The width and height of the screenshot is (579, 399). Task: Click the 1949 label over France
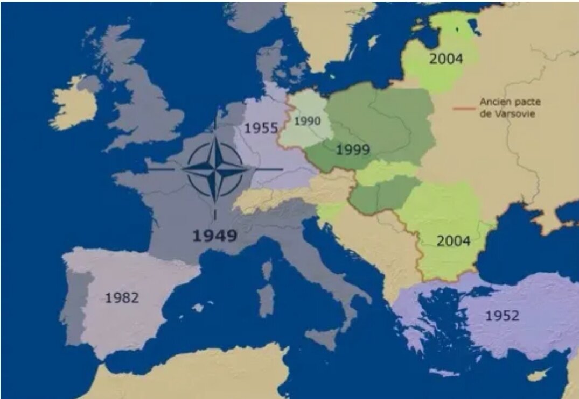click(x=215, y=236)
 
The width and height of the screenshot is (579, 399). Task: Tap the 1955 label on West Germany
click(x=261, y=129)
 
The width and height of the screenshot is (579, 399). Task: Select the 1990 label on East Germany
click(x=307, y=121)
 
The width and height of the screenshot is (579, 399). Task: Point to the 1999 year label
click(x=353, y=150)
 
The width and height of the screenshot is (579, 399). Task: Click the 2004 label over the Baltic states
click(x=445, y=59)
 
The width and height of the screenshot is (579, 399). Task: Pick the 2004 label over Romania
click(x=453, y=241)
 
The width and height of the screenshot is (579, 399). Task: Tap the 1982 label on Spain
click(x=122, y=297)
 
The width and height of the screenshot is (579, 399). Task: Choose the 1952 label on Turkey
click(x=502, y=316)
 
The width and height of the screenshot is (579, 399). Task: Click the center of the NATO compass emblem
click(x=215, y=169)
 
